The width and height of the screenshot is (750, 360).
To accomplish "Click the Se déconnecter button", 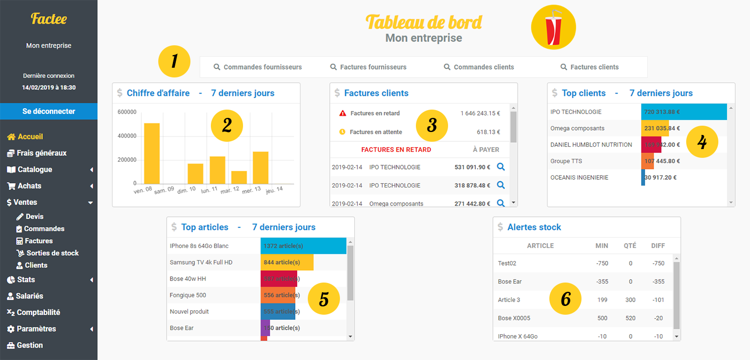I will [49, 111].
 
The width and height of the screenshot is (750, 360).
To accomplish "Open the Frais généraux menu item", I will [41, 153].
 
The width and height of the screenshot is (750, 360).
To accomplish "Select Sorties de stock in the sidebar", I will [53, 253].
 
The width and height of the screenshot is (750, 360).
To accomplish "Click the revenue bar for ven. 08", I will [152, 153].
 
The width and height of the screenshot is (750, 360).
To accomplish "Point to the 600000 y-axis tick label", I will [127, 112].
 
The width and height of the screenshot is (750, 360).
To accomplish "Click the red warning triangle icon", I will [343, 113].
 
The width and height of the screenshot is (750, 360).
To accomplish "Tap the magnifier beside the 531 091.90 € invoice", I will [501, 167].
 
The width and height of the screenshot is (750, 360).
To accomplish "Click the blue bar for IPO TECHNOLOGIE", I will [684, 112].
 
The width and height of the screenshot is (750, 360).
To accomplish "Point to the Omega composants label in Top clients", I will [577, 128].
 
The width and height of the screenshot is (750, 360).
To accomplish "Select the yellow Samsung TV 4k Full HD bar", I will [287, 262].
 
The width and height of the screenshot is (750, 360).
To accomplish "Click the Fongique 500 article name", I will [188, 295].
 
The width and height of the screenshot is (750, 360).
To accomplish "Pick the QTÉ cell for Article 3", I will [630, 300].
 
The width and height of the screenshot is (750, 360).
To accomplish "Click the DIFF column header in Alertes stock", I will [658, 246].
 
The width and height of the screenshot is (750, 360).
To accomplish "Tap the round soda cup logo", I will [553, 27].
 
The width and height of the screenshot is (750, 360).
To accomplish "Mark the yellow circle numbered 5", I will [324, 299].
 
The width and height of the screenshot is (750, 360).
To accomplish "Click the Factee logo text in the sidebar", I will [49, 19].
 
